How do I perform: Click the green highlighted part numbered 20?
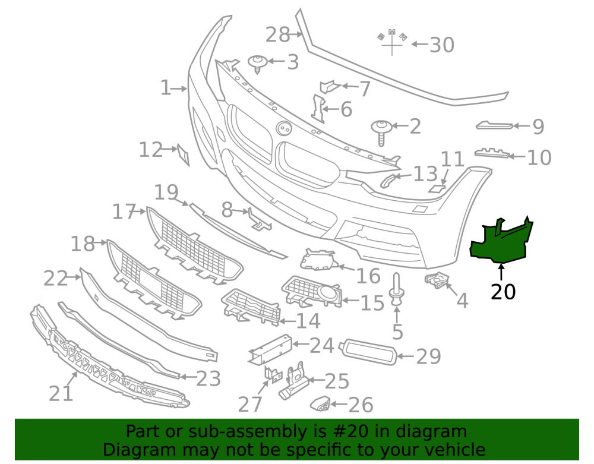[500, 242]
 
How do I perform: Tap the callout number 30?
[442, 45]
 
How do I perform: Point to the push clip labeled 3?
[258, 64]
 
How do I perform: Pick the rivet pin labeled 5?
[396, 289]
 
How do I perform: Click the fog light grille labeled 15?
[311, 291]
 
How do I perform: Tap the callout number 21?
[61, 393]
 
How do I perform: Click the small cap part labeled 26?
[321, 404]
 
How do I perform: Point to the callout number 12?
[151, 150]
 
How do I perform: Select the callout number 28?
[277, 35]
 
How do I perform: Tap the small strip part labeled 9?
[494, 125]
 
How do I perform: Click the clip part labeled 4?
[437, 280]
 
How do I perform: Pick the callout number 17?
[124, 212]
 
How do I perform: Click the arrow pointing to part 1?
[179, 89]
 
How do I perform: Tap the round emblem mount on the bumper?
[284, 128]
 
